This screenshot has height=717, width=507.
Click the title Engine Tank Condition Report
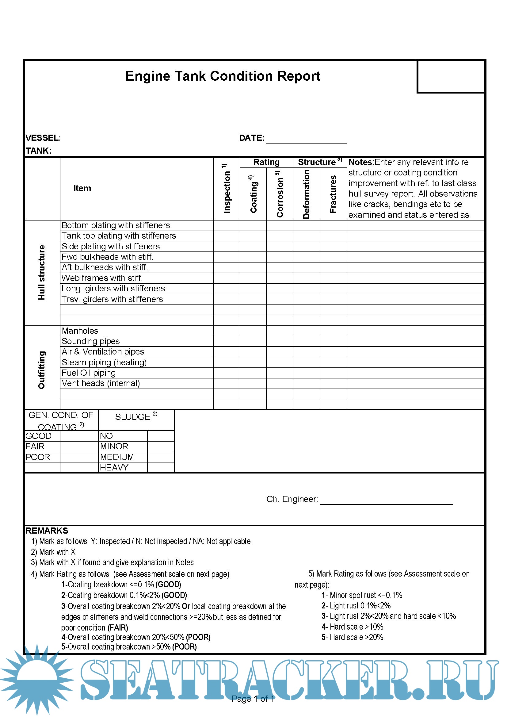223,76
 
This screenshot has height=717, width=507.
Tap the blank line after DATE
306,140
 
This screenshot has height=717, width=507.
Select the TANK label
38,151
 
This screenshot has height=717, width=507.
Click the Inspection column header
227,189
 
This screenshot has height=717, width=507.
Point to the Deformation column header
306,194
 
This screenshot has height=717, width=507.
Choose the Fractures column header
333,194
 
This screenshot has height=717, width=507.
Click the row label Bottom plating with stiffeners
116,225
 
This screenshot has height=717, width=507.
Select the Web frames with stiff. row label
102,278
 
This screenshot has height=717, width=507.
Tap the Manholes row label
80,331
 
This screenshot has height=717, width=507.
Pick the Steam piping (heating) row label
104,362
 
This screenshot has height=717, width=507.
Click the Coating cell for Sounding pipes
253,341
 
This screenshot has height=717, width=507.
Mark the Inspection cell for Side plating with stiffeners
227,246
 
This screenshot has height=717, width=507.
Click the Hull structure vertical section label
41,272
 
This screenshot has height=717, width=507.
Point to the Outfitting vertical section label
41,370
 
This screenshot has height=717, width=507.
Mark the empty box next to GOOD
79,436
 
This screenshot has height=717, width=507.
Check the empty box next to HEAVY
160,467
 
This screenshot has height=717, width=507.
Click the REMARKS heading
47,531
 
